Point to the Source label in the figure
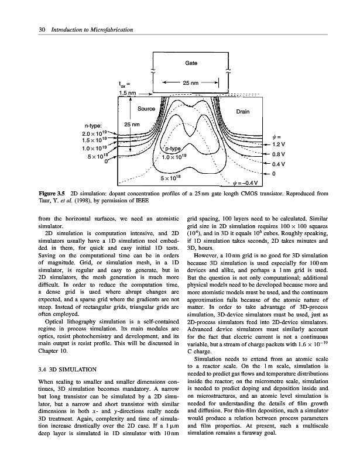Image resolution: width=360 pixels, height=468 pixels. point(146,109)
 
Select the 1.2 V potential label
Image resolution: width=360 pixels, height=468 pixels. point(279,143)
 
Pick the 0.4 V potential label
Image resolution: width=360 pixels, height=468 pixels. point(279,164)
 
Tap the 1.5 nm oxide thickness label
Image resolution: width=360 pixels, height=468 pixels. point(128,93)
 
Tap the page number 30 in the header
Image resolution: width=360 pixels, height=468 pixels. point(26,30)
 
